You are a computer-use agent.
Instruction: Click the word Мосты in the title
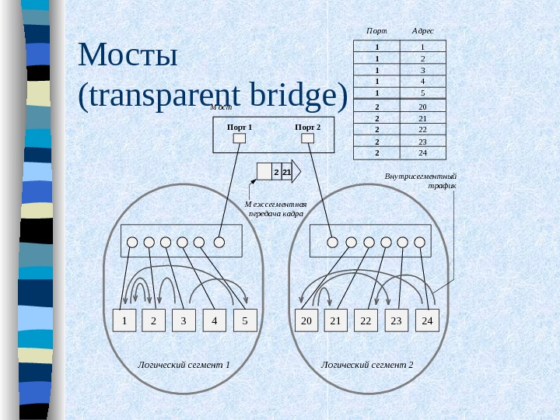[129, 56]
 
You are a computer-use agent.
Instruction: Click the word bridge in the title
[299, 95]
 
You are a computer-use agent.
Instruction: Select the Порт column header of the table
[376, 30]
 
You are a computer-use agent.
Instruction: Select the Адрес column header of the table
[422, 30]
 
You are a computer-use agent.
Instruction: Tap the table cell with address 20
[422, 107]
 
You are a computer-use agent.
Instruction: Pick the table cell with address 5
[422, 92]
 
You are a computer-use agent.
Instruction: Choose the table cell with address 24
[422, 152]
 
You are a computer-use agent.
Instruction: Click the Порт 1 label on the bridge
[240, 126]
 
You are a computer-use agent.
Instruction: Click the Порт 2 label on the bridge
[308, 126]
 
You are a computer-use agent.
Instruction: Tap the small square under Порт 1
[240, 138]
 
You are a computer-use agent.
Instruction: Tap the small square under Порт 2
[308, 138]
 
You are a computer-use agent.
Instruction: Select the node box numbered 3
[184, 320]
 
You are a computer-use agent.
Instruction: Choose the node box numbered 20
[306, 320]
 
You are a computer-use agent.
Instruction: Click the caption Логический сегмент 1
[184, 364]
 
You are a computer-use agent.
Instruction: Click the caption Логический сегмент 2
[367, 364]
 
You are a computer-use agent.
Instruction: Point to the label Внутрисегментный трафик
[421, 181]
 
